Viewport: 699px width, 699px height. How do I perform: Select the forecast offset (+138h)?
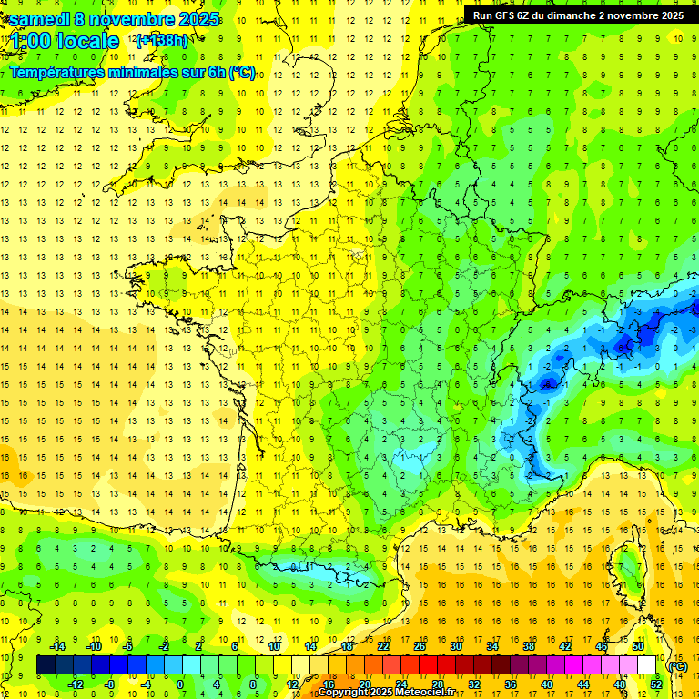point(161,41)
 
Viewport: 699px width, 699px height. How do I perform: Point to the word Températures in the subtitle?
point(56,72)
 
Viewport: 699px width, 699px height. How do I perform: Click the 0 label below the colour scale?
point(180,684)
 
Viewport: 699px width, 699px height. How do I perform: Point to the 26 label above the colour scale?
point(420,646)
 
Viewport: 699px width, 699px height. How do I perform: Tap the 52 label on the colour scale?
point(655,684)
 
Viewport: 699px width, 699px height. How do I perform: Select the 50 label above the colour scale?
point(637,646)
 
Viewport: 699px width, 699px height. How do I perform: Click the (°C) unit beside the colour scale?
point(677,665)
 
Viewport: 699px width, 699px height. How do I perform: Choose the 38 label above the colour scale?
point(528,646)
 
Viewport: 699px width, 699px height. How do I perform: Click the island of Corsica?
point(627,569)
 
